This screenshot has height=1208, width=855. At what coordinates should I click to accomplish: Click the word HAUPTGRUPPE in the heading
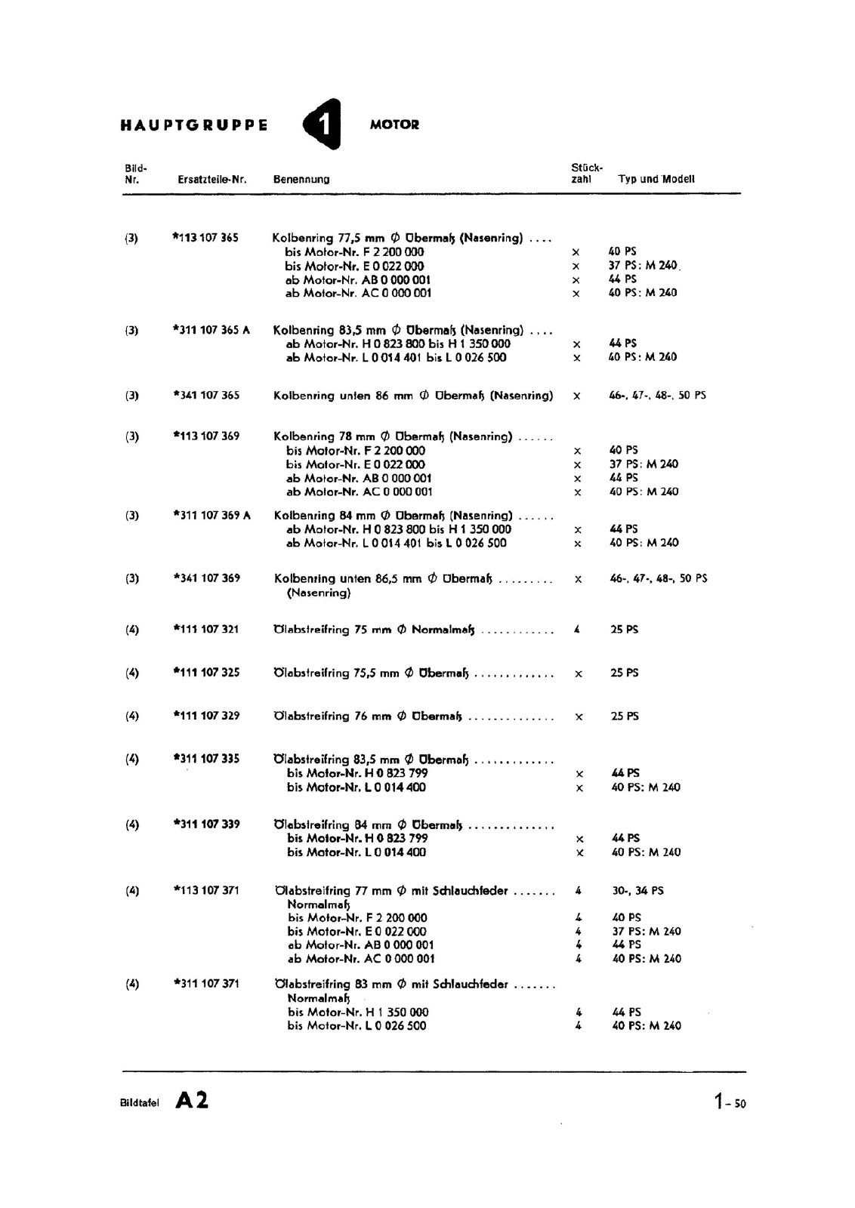(194, 125)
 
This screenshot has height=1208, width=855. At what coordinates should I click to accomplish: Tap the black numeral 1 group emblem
(323, 125)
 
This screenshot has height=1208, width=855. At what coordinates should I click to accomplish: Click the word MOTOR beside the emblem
(394, 125)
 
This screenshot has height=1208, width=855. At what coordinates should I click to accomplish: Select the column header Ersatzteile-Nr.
(212, 180)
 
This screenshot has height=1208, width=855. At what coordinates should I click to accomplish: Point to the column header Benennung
(301, 180)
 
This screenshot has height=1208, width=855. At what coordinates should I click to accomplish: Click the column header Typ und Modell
(656, 179)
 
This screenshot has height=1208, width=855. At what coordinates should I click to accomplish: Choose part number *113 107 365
(205, 238)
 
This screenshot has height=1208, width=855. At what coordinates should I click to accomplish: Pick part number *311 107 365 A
(211, 330)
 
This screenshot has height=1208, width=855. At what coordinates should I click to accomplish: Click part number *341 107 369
(206, 578)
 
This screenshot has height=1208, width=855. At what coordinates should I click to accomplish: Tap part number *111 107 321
(206, 630)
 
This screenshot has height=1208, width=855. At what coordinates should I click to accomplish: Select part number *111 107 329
(206, 716)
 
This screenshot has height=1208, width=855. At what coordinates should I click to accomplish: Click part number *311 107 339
(206, 824)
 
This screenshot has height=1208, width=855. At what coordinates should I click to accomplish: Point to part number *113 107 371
(206, 891)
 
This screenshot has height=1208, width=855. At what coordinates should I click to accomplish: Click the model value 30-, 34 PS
(638, 891)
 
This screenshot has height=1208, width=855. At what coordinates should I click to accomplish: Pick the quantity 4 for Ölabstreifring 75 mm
(577, 630)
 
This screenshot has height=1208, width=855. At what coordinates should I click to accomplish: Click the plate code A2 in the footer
(192, 1101)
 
